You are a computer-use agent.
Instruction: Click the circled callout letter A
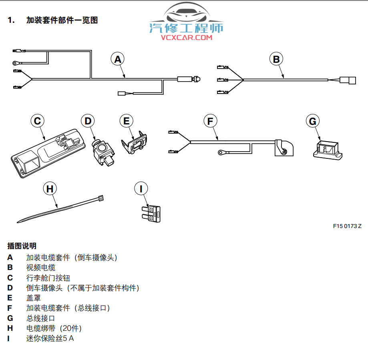click(x=117, y=59)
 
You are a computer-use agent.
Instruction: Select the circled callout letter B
click(x=276, y=59)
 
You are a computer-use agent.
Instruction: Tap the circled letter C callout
click(x=37, y=121)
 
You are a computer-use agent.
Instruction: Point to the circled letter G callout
click(x=313, y=121)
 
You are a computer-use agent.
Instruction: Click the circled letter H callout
click(x=50, y=188)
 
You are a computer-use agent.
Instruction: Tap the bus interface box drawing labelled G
click(x=326, y=150)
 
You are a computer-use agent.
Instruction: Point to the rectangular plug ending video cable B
click(x=348, y=80)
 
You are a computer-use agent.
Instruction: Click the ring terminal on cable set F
click(x=221, y=152)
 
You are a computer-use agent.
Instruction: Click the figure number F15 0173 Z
click(x=347, y=226)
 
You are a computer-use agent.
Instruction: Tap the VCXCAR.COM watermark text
click(x=187, y=38)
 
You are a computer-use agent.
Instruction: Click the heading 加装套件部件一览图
click(x=62, y=20)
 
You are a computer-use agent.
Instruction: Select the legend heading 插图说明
click(x=22, y=246)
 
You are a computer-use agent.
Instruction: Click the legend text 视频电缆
click(x=41, y=268)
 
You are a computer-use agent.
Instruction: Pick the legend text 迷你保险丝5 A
click(x=50, y=338)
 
